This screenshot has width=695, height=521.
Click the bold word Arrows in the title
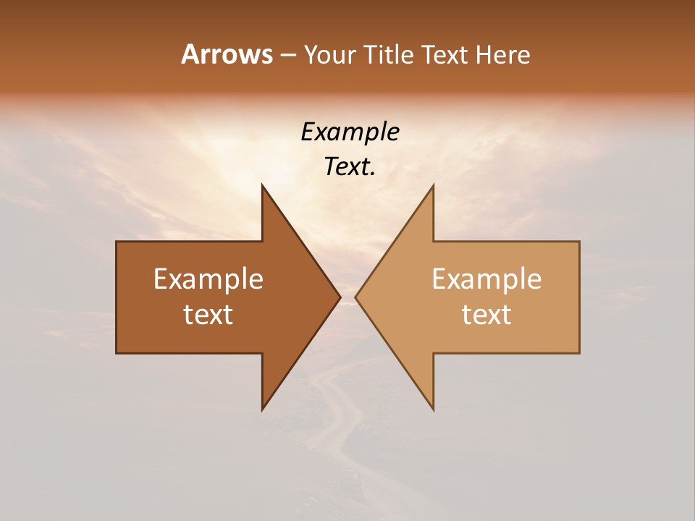pyautogui.click(x=227, y=54)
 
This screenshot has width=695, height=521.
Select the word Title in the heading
pyautogui.click(x=392, y=54)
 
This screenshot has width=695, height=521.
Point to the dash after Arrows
pyautogui.click(x=287, y=55)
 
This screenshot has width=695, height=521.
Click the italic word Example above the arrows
pyautogui.click(x=350, y=132)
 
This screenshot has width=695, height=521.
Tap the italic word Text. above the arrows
pyautogui.click(x=350, y=166)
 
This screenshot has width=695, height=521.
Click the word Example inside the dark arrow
pyautogui.click(x=208, y=279)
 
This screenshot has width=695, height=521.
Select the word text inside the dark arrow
pyautogui.click(x=208, y=314)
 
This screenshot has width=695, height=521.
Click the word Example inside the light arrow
pyautogui.click(x=486, y=279)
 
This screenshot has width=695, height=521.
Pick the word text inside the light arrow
pyautogui.click(x=486, y=314)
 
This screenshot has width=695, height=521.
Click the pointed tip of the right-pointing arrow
pyautogui.click(x=340, y=297)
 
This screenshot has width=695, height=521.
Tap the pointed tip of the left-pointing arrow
pyautogui.click(x=356, y=297)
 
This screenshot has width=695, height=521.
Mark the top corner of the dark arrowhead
pyautogui.click(x=262, y=186)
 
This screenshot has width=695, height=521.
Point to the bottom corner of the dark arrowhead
pyautogui.click(x=262, y=409)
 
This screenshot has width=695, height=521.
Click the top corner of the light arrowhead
pyautogui.click(x=433, y=186)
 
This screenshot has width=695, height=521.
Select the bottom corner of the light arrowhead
pyautogui.click(x=433, y=409)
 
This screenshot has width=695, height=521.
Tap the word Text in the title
pyautogui.click(x=446, y=54)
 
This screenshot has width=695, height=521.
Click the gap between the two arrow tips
pyautogui.click(x=347, y=297)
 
